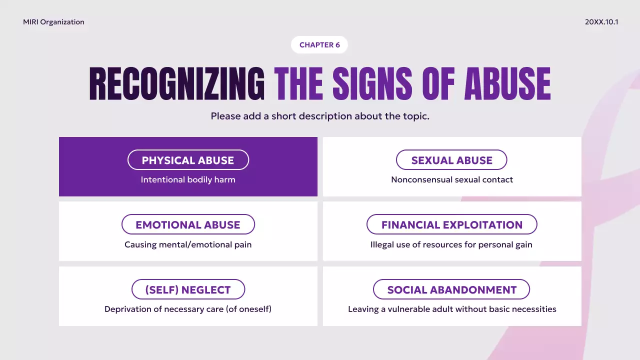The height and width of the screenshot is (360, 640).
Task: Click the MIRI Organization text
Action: tap(53, 22)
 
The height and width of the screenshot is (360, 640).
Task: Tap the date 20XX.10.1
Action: tap(601, 22)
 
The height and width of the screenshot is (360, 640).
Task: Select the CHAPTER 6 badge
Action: tap(319, 45)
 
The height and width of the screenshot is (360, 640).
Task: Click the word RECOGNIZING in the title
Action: tap(177, 84)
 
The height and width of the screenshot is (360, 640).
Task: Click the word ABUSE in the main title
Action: tap(507, 84)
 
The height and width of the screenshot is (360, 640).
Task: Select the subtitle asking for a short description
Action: tap(320, 116)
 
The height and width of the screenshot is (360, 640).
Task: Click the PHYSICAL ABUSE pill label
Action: tap(188, 160)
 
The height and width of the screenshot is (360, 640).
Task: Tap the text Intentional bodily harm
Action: tap(188, 179)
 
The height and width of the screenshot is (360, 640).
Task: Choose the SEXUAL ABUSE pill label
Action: tap(451, 160)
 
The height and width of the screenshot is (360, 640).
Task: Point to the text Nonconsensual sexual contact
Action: tap(452, 179)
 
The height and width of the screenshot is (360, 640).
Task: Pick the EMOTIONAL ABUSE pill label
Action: tap(188, 225)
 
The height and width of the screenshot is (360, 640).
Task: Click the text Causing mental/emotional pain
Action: tap(188, 244)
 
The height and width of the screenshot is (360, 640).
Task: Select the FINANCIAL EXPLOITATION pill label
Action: tap(451, 225)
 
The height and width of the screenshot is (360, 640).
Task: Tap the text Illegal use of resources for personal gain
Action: tap(451, 244)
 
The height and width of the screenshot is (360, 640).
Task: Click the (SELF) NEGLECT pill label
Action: tap(188, 290)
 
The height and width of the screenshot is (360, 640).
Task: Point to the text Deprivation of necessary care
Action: tap(188, 309)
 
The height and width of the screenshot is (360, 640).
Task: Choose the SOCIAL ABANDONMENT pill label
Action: tap(451, 290)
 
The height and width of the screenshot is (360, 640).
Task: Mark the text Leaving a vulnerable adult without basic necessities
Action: tap(452, 309)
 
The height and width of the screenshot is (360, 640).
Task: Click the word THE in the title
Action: tap(298, 84)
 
